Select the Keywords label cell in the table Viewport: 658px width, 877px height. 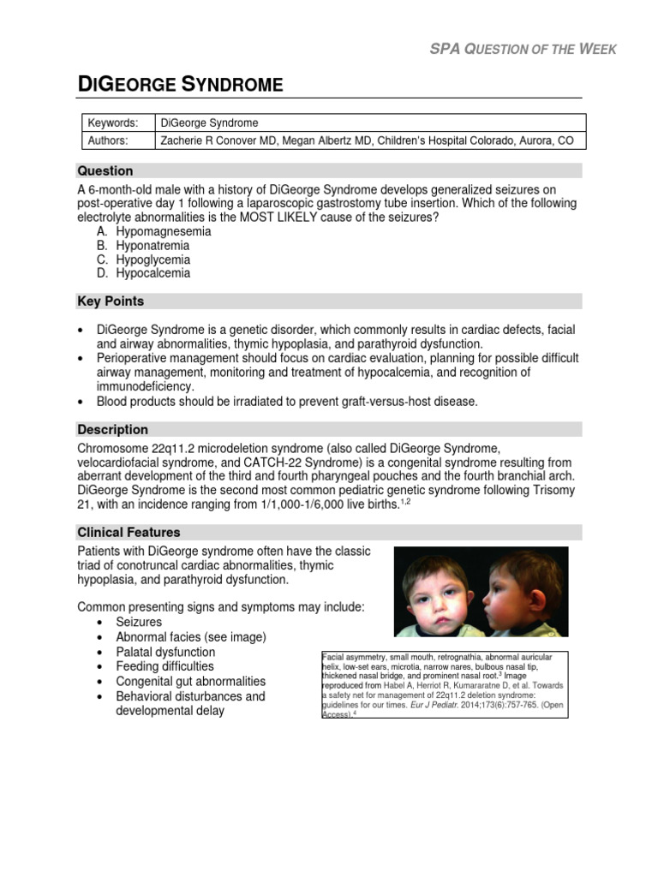tap(115, 122)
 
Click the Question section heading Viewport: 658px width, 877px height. tap(105, 170)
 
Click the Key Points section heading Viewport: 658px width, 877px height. tap(111, 301)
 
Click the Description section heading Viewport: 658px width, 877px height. tap(112, 429)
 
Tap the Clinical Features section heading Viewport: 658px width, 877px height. tap(129, 532)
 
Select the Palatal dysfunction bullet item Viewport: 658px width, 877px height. tap(165, 652)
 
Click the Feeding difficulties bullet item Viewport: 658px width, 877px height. tap(164, 666)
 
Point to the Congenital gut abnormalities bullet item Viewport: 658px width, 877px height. tap(190, 681)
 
